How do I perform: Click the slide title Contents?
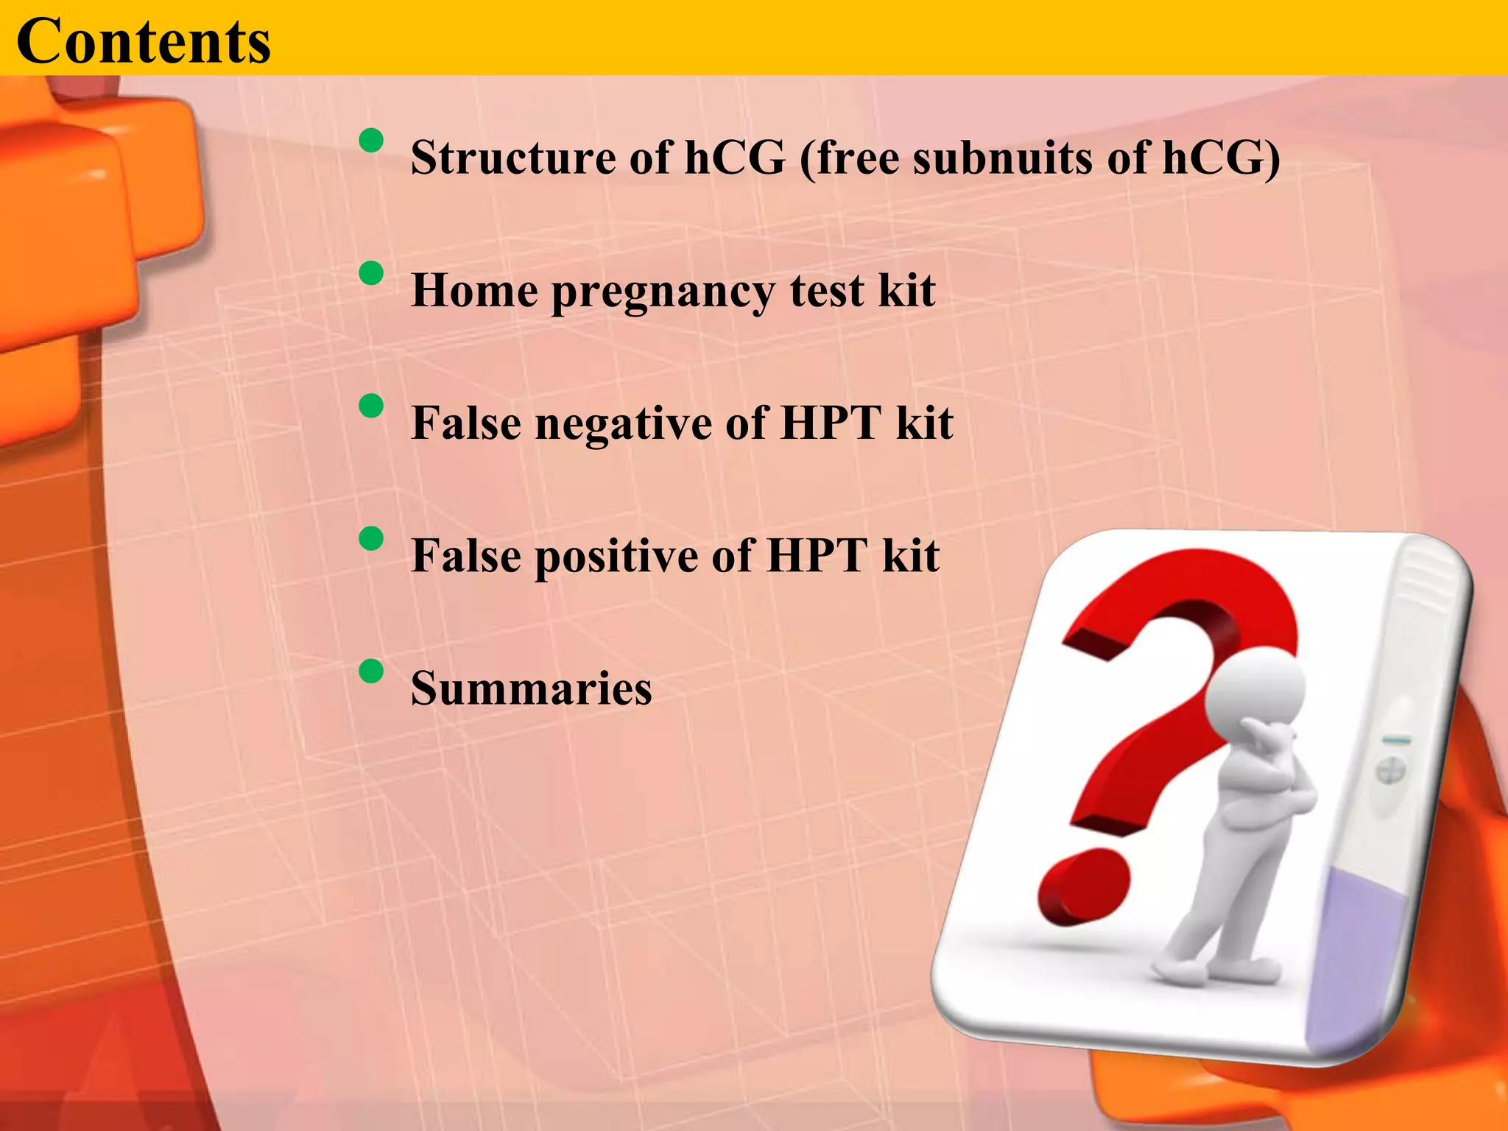point(144,41)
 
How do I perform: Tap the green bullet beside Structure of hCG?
point(372,140)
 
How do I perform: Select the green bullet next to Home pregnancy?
point(372,273)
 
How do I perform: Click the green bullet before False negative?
point(372,406)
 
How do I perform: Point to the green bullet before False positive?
point(372,538)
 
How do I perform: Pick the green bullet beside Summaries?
point(372,671)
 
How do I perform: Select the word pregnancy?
point(663,292)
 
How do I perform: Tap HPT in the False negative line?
point(831,423)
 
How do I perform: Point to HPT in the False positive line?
point(817,555)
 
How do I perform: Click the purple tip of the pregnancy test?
point(1362,957)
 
